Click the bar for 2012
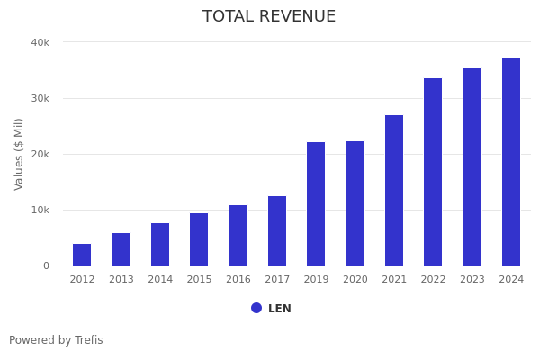pos(82,255)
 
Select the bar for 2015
pos(199,239)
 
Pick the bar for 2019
pos(316,204)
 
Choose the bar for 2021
pos(394,191)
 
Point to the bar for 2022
pos(433,172)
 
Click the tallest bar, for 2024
pos(511,162)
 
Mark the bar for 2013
pos(121,249)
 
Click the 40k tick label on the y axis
pos(40,42)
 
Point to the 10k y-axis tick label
pos(40,210)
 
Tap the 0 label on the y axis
pos(45,265)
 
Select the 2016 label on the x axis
pos(238,279)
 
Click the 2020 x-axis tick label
pos(355,279)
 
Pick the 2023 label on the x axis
pos(472,279)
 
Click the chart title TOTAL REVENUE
pos(269,17)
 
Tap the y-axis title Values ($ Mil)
pos(19,154)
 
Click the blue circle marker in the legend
pos(256,308)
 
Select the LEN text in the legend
pos(280,309)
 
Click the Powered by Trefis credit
pos(56,340)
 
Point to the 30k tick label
pos(40,98)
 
